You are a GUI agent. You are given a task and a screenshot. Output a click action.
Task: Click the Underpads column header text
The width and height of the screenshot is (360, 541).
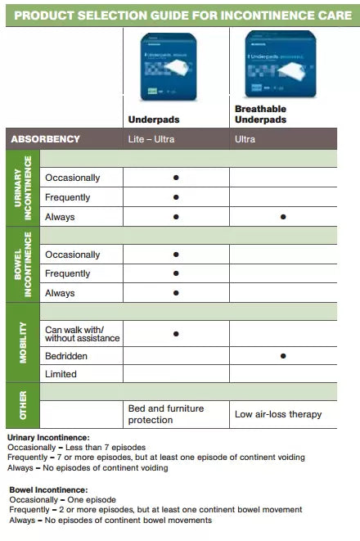click(153, 119)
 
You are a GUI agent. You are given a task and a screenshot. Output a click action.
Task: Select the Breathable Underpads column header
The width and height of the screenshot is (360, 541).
click(261, 114)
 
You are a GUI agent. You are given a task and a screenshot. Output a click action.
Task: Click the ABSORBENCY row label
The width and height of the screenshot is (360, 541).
click(45, 139)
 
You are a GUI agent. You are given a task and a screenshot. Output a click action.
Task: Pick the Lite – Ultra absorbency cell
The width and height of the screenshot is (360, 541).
click(151, 139)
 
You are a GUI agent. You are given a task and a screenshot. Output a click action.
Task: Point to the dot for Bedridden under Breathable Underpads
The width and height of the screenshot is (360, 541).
click(282, 356)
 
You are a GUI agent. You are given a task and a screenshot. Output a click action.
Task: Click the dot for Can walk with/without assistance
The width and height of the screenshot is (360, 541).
click(176, 333)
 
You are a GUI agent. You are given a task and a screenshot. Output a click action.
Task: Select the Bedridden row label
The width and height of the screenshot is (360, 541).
click(66, 356)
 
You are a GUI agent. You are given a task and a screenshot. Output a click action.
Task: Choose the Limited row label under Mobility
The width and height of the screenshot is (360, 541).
click(61, 374)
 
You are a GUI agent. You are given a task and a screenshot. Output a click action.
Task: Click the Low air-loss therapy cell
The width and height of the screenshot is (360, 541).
click(278, 414)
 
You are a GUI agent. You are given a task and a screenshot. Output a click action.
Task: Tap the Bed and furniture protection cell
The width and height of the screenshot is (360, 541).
click(166, 414)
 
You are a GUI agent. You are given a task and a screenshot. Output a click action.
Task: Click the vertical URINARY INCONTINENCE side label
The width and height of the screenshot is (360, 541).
click(24, 187)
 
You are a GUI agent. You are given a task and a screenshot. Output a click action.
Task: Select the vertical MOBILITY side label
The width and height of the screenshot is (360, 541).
click(24, 342)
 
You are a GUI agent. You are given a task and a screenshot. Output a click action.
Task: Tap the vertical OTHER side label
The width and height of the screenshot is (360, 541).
click(24, 405)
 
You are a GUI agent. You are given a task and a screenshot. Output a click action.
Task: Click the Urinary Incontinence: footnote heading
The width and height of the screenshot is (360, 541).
click(48, 438)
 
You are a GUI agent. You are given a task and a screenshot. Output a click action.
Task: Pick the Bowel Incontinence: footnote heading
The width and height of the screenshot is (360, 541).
click(47, 489)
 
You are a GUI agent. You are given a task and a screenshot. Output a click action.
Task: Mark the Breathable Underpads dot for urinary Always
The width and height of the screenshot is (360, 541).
click(282, 217)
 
